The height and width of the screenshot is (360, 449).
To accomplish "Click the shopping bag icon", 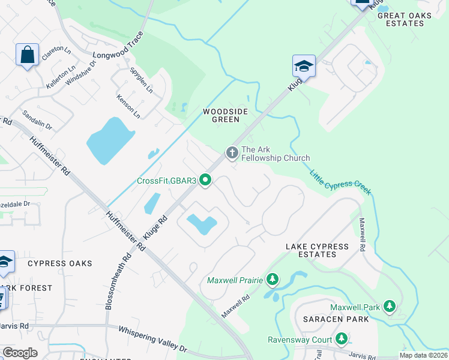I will point(28,55).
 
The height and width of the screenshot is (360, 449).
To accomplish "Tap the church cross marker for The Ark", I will point(232,154).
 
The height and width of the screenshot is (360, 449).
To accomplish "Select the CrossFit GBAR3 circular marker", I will point(205,180).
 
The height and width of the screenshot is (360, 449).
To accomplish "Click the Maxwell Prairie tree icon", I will point(273,280).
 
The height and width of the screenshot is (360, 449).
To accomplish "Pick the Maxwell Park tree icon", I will point(390,307).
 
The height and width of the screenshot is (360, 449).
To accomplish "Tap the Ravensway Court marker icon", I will point(340,340).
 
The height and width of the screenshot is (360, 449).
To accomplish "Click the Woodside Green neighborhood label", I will point(221,115).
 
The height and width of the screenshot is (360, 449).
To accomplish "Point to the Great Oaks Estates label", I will point(409,19).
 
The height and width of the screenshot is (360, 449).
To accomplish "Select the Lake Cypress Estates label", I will point(317,250).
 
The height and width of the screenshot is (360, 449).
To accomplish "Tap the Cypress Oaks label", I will point(60,263).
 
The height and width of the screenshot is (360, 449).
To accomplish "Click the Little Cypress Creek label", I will point(340,182).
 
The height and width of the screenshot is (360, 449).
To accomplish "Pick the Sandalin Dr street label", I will point(37,120).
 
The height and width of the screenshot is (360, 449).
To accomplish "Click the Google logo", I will point(20,352).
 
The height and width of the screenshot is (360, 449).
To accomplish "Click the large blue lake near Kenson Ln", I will point(110,141).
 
